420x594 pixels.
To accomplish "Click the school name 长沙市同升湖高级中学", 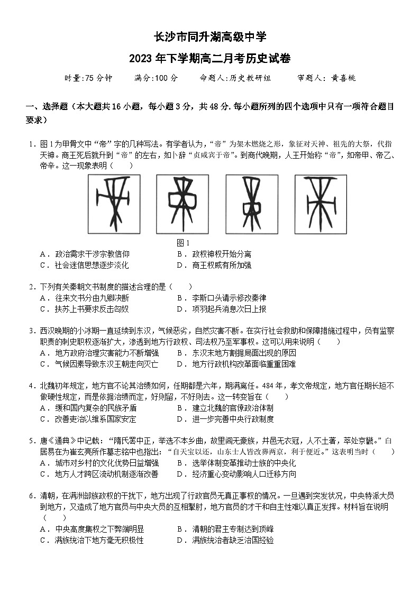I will tap(210, 38).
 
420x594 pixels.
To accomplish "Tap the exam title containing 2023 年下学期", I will tap(210, 58).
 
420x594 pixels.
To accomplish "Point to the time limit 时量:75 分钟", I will tap(88, 78).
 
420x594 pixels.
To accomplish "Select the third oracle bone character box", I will tap(251, 204).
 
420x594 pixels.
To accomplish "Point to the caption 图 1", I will tap(182, 243).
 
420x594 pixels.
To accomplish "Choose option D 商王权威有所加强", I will tap(221, 265).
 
